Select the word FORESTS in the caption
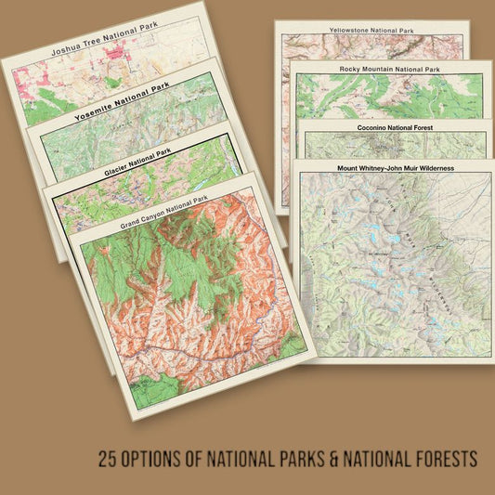(447, 458)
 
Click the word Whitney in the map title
(370, 168)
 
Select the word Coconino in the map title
(376, 125)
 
